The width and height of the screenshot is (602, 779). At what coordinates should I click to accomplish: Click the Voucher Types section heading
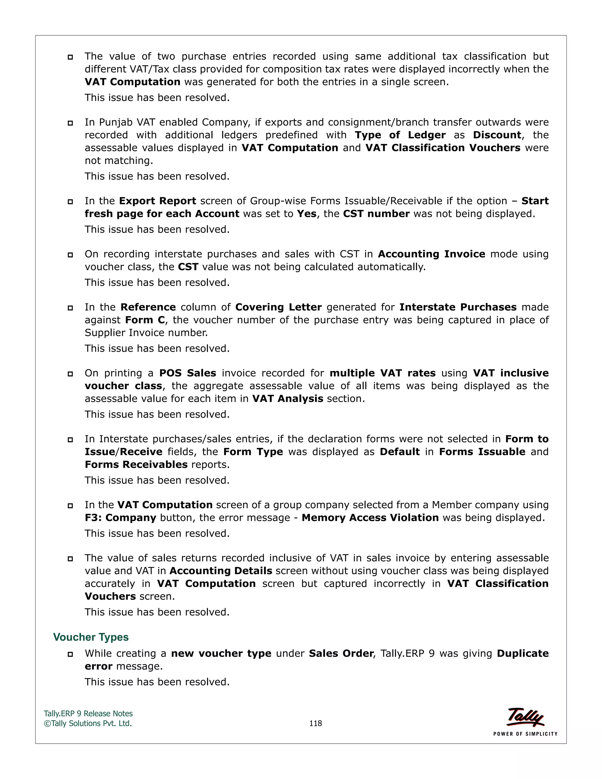91,637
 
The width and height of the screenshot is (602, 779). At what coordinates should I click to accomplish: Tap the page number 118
315,723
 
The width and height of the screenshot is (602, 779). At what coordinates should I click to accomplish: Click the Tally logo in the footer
525,717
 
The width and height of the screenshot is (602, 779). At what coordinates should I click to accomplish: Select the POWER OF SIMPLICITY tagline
525,734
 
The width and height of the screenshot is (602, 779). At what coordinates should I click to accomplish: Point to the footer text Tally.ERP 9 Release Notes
88,713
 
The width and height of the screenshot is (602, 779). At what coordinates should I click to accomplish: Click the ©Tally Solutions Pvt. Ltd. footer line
88,723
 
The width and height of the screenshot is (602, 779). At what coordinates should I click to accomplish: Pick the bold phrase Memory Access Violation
370,518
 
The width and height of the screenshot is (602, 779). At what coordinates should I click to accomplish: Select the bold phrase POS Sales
188,373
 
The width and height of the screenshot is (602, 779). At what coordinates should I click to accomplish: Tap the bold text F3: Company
121,518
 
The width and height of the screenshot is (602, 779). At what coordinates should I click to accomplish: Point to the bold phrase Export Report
157,201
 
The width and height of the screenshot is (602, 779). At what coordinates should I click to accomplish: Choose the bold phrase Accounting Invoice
431,254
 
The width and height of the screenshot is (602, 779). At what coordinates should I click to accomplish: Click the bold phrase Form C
145,320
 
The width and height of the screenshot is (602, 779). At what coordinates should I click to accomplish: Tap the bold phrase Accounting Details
220,571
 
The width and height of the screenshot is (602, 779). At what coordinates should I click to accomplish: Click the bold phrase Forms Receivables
136,464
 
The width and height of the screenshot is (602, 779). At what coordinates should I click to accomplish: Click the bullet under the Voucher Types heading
70,654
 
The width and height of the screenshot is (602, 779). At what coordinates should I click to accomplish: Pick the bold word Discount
497,135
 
